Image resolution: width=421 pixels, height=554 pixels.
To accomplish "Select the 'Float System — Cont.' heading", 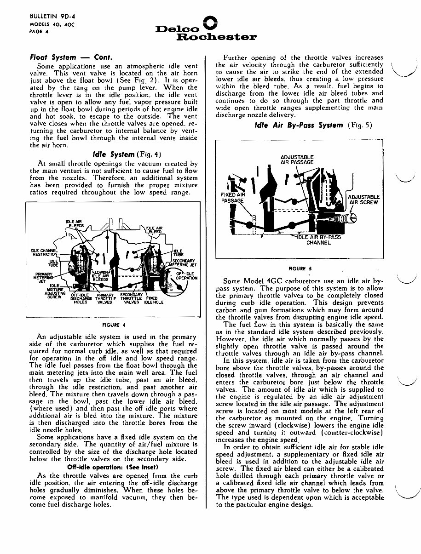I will (71, 57).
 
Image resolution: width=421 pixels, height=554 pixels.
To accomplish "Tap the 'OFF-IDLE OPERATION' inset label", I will (186, 275).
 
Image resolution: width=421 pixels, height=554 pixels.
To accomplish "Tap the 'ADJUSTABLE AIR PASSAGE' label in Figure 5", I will (297, 160).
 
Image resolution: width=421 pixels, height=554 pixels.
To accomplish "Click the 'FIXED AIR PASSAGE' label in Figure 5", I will (231, 198).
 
